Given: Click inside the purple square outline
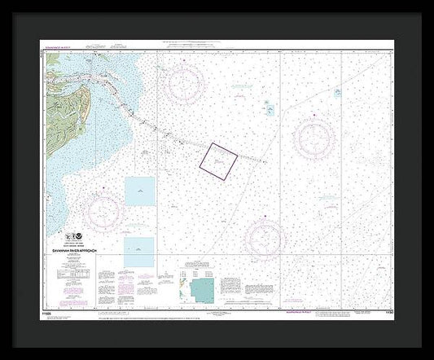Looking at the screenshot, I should [x=218, y=158].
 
